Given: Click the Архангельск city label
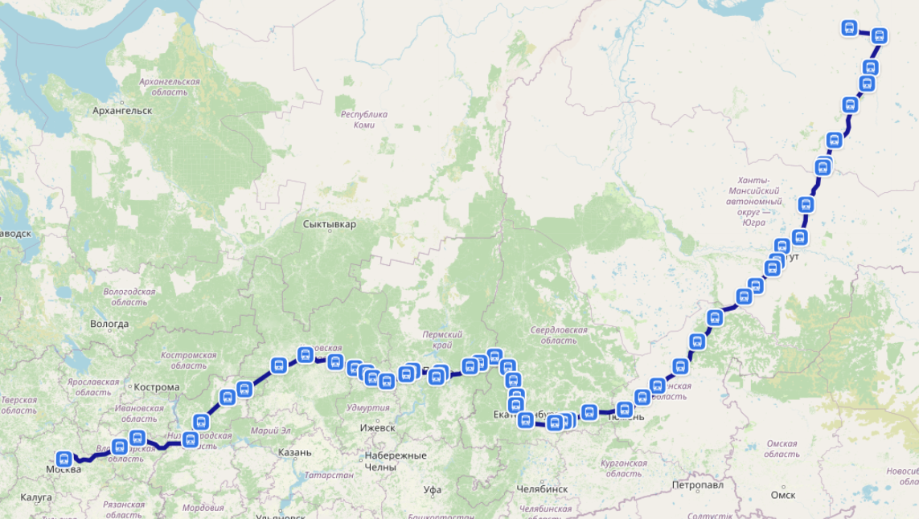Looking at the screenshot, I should coord(122,110).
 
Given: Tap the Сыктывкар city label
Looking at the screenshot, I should coord(330,224).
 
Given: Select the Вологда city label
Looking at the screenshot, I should coord(109,324).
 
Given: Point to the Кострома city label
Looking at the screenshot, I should coord(157,386).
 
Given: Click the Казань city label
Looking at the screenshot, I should coord(294,452).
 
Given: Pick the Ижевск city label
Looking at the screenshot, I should coord(378,427).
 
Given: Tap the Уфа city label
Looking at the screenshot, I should coord(433,489).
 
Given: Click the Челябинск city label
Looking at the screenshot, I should coord(543,488).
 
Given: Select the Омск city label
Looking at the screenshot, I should coord(782,494).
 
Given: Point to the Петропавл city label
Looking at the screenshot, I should coord(698,485).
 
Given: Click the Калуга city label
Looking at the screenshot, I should coord(36,497).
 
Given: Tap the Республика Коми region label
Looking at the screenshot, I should coord(364,119).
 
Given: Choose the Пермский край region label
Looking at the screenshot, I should coord(442,339).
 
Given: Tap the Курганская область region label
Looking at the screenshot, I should coord(623,468).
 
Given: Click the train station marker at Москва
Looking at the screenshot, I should coord(64,459).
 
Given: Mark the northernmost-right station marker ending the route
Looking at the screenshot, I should coord(879,35).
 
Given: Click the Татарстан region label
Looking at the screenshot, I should coord(330,475).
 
